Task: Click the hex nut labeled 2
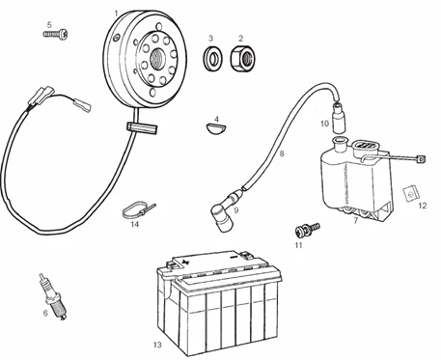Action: pos(243,58)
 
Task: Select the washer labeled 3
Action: pos(212,58)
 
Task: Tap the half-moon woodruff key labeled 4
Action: pos(216,127)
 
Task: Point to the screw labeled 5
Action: pos(56,34)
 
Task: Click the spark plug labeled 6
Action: pos(53,296)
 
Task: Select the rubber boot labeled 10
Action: pos(339,117)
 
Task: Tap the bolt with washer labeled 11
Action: pos(307,229)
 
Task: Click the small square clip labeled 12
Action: pos(411,194)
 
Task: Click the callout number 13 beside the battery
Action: pos(157,345)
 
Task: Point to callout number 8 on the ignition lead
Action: pos(282,153)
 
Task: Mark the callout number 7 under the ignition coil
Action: pos(355,221)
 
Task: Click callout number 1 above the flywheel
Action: pos(116,14)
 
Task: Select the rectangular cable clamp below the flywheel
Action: pos(142,128)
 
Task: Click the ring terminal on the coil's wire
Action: pos(421,158)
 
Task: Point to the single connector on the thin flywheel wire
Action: pos(82,103)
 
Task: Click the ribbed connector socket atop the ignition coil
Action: pos(365,146)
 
